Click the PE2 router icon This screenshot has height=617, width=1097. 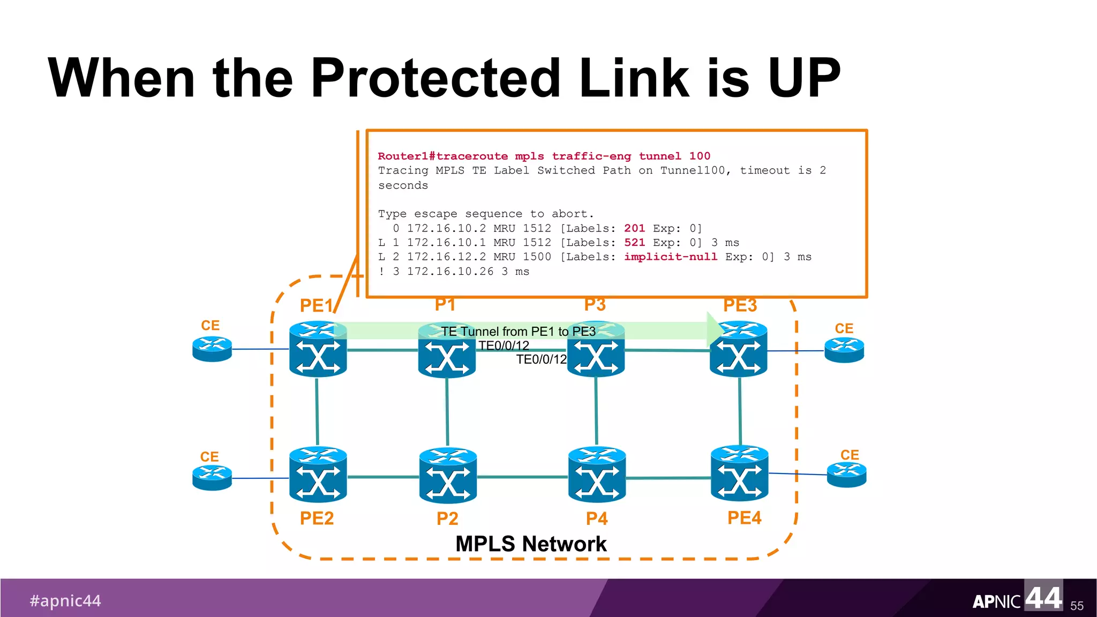pyautogui.click(x=318, y=475)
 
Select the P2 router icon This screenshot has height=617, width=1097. pyautogui.click(x=448, y=476)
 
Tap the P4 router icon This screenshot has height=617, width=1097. pyautogui.click(x=597, y=475)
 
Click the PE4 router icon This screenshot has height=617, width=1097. pyautogui.click(x=739, y=473)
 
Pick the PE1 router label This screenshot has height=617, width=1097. pyautogui.click(x=316, y=305)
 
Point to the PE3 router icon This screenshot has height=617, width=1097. pyautogui.click(x=738, y=349)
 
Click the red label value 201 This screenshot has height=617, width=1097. pyautogui.click(x=634, y=228)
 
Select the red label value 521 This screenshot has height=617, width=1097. pyautogui.click(x=634, y=243)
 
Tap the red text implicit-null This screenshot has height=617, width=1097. pyautogui.click(x=670, y=257)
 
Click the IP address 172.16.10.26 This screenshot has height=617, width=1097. pyautogui.click(x=450, y=272)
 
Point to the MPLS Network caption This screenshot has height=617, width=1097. pyautogui.click(x=530, y=544)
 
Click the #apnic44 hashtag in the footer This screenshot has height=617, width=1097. pyautogui.click(x=65, y=600)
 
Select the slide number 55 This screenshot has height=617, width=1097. pyautogui.click(x=1077, y=606)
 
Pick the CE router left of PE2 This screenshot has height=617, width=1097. pyautogui.click(x=212, y=478)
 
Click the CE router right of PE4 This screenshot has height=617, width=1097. pyautogui.click(x=846, y=475)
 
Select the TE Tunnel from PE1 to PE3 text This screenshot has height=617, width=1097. pyautogui.click(x=518, y=332)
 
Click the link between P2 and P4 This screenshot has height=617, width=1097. pyautogui.click(x=522, y=477)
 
